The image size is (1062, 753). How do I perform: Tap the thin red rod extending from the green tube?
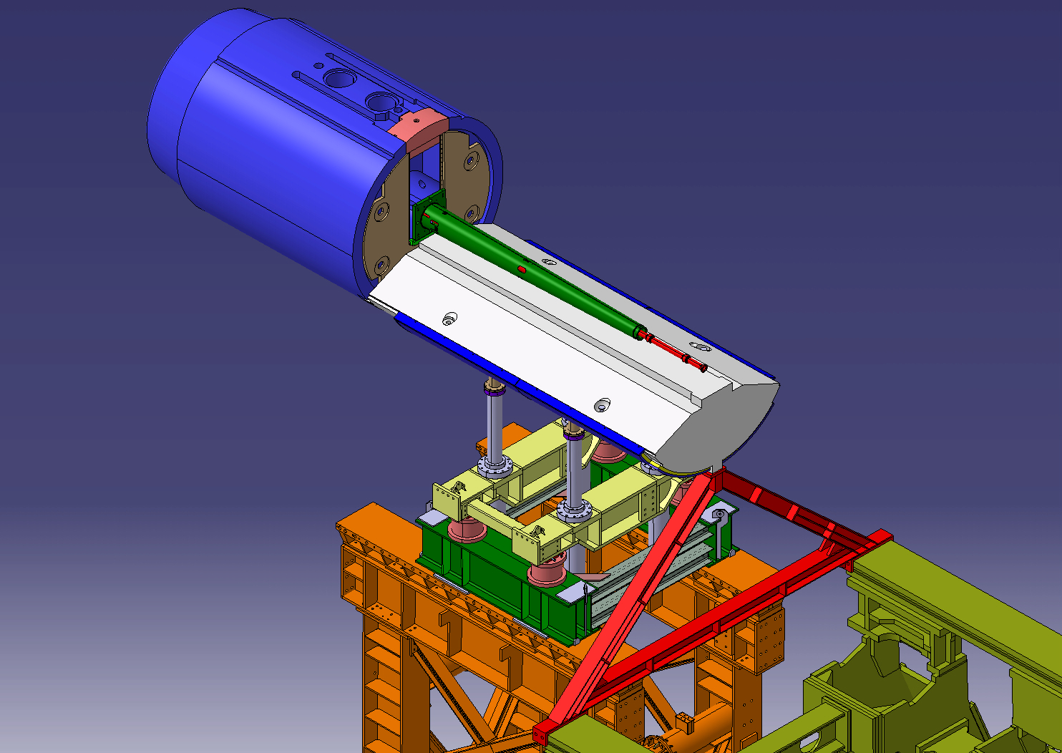[x=673, y=352]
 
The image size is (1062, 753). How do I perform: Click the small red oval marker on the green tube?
[x=522, y=269]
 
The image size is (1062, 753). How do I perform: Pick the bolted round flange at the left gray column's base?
[x=495, y=466]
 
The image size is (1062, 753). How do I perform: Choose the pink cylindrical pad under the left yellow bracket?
[x=466, y=530]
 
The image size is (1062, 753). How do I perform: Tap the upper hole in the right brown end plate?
[x=470, y=161]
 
